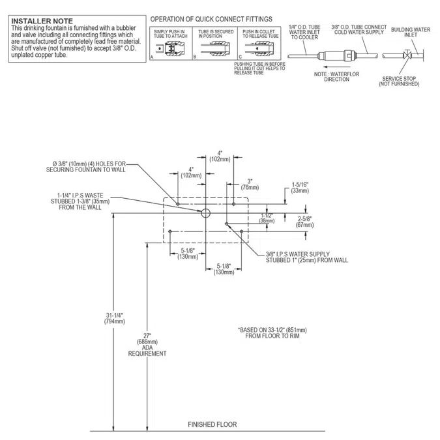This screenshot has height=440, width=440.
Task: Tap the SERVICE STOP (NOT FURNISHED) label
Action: tap(399, 81)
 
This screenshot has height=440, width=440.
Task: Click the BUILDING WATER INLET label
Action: tap(410, 33)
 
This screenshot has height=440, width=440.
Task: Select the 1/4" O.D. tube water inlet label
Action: tap(304, 33)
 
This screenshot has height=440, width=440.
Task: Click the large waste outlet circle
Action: tap(205, 213)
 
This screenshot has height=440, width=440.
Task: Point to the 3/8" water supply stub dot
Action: tap(226, 224)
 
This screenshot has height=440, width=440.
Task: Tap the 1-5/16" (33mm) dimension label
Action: tap(300, 188)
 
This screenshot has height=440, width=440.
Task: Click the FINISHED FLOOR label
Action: tap(212, 424)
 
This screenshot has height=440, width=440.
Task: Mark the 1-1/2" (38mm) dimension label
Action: tap(267, 218)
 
